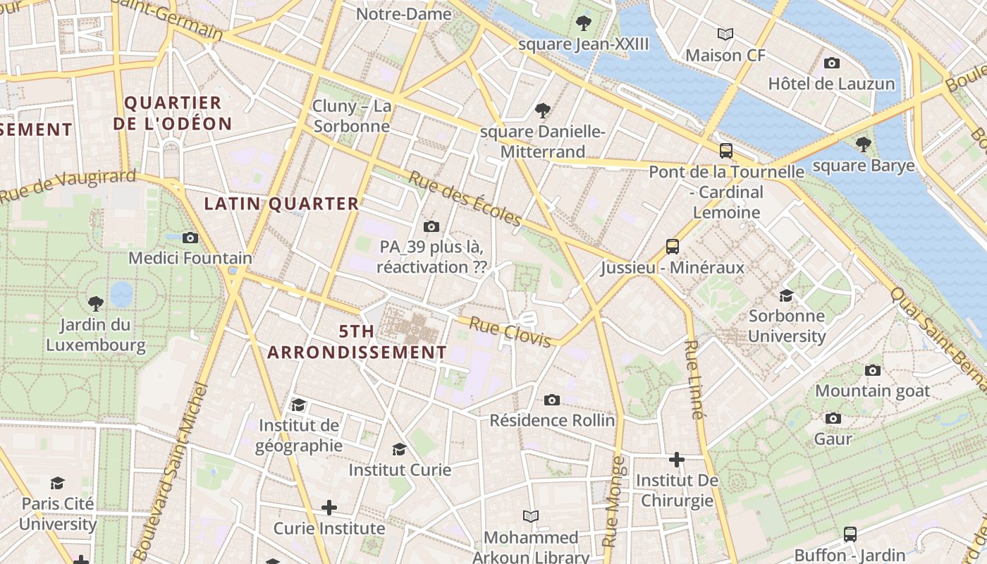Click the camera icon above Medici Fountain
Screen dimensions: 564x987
click(190, 238)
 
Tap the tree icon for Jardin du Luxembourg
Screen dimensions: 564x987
click(96, 304)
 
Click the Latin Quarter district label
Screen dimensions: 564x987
click(281, 204)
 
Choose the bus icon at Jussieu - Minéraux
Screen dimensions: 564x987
click(673, 247)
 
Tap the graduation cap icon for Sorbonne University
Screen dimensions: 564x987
click(786, 295)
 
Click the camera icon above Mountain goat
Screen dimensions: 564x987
click(872, 370)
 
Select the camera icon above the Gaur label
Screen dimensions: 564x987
click(833, 419)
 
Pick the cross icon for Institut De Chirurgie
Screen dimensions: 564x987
click(676, 460)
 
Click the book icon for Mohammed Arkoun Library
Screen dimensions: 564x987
click(530, 517)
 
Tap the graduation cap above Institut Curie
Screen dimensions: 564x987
click(399, 449)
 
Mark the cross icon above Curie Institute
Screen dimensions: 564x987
click(329, 508)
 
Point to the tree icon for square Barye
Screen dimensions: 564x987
click(863, 145)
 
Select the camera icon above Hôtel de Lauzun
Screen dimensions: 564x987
click(831, 63)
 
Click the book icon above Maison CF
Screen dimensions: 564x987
click(725, 34)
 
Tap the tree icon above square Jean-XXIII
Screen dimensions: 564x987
click(583, 23)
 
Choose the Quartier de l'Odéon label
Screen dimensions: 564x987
click(173, 113)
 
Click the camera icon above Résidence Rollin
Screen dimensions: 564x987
click(552, 400)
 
